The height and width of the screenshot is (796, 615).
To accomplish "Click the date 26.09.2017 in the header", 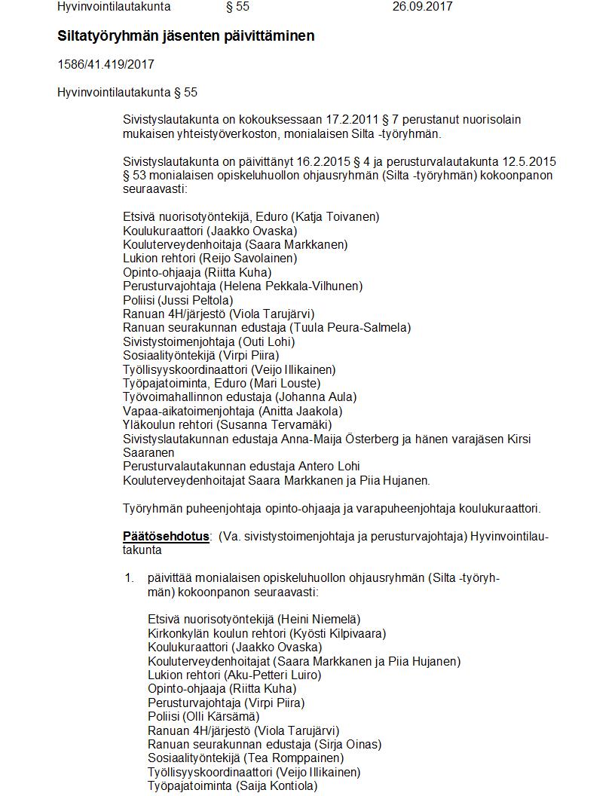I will (x=422, y=7).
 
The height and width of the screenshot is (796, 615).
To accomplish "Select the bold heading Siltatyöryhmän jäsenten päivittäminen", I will (x=185, y=36).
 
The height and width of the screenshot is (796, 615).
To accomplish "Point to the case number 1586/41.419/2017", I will (x=106, y=65).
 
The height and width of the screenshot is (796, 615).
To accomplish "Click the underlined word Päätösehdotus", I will (x=166, y=537).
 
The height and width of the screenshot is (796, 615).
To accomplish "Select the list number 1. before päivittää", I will (x=129, y=578).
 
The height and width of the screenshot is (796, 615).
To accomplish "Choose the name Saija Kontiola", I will (x=276, y=785).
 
